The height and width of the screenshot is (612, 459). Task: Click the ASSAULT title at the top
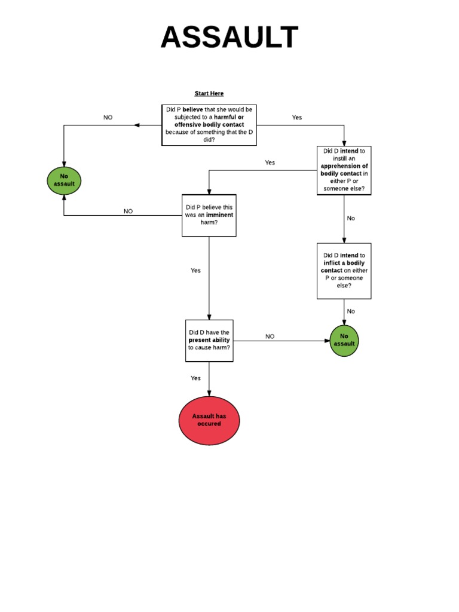pos(229,38)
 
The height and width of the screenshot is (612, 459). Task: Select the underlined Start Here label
pos(209,93)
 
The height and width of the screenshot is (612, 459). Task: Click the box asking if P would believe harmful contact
pos(209,125)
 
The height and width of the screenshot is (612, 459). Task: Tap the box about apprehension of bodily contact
pos(344,170)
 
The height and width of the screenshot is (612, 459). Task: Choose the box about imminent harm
pos(209,215)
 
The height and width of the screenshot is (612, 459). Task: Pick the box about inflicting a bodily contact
pos(344,271)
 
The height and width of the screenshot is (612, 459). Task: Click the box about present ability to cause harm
pos(209,341)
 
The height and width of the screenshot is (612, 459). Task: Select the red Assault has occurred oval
pos(209,420)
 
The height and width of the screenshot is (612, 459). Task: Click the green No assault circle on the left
pos(64,180)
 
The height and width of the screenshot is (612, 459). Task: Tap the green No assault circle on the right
pos(344,340)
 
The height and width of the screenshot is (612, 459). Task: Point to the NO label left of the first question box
pos(108,118)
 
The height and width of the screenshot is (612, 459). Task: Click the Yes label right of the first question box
pos(297,118)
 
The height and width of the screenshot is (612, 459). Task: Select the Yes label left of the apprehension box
pos(270,163)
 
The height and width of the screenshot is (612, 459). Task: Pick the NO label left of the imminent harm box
pos(128,212)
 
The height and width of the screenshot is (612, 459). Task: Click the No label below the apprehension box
pos(351,218)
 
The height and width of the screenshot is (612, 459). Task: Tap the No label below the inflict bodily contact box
pos(351,311)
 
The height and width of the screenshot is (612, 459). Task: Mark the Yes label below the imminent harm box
pos(195,271)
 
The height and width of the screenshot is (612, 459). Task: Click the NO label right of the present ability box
pos(270,336)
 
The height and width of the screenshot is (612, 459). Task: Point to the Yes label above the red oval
pos(195,378)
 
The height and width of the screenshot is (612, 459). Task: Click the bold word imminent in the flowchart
pos(219,215)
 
